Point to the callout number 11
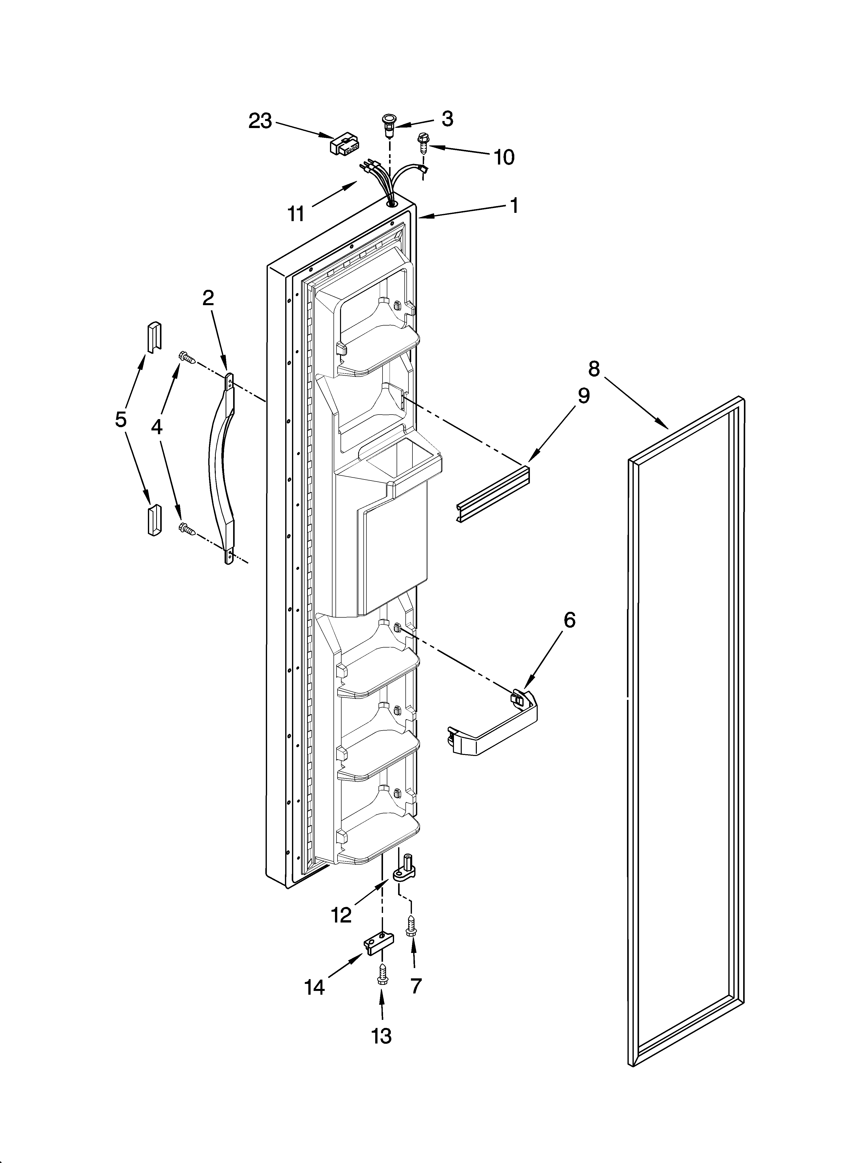pyautogui.click(x=296, y=213)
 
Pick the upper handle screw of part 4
pyautogui.click(x=186, y=357)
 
